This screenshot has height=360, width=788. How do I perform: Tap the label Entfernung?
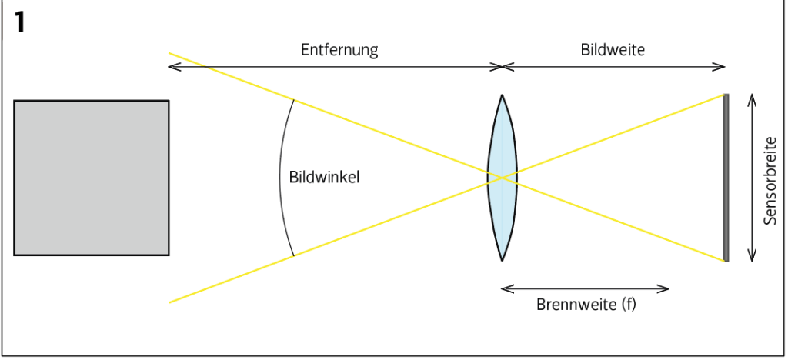pyautogui.click(x=339, y=51)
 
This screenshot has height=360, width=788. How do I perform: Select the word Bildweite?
pyautogui.click(x=613, y=51)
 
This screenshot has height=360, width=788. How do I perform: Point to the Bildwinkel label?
pyautogui.click(x=325, y=177)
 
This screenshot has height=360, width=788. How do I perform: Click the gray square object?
pyautogui.click(x=91, y=177)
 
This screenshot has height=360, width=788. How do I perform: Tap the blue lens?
pyautogui.click(x=502, y=178)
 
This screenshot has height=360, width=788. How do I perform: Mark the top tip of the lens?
pyautogui.click(x=502, y=96)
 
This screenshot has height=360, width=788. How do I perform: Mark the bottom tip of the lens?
pyautogui.click(x=502, y=259)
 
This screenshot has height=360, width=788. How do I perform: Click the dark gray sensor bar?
pyautogui.click(x=726, y=178)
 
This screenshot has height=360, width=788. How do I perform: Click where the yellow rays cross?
pyautogui.click(x=502, y=178)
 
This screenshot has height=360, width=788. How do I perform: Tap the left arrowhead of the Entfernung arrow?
pyautogui.click(x=172, y=67)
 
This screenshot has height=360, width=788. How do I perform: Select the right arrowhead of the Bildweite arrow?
pyautogui.click(x=723, y=67)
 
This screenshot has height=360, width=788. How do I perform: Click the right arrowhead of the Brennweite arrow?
pyautogui.click(x=666, y=288)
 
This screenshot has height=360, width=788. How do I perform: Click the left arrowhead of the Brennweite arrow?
pyautogui.click(x=504, y=288)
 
